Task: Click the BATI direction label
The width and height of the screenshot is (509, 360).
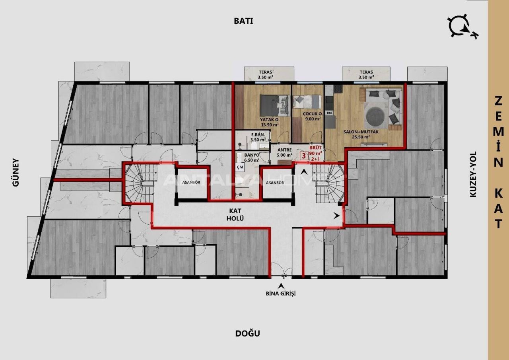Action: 243,21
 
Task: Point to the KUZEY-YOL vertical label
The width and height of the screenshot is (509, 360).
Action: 473,174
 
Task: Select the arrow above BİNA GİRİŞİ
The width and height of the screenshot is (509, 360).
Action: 281,285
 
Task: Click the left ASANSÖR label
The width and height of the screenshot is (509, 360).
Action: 190,183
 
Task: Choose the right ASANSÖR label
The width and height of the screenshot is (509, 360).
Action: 275,183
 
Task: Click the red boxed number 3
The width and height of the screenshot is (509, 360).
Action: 304,156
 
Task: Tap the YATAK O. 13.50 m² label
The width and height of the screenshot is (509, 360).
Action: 269,122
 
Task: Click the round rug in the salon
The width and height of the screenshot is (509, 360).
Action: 376,115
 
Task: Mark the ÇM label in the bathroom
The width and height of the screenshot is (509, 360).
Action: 240,167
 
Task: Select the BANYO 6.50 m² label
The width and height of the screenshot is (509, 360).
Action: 251,157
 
